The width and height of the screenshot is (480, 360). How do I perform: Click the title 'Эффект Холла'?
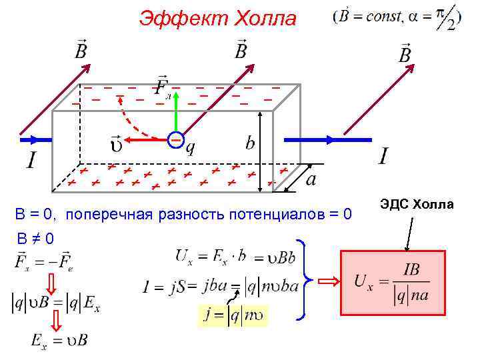[x=217, y=19]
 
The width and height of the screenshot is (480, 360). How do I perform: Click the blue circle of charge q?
[x=175, y=140]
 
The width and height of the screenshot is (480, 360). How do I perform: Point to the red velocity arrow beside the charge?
[x=147, y=140]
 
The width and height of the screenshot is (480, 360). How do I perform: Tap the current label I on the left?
[x=31, y=160]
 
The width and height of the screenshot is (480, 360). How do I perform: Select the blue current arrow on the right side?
[x=327, y=140]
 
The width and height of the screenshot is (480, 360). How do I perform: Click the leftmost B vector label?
[x=81, y=49]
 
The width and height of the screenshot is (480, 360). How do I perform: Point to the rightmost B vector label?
[x=405, y=54]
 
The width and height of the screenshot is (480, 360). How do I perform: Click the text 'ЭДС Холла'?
[x=416, y=204]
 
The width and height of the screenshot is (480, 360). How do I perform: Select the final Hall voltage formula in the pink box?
[x=393, y=282]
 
